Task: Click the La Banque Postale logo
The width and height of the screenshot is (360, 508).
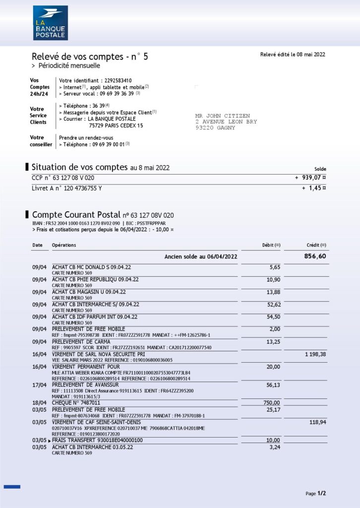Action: click(50, 23)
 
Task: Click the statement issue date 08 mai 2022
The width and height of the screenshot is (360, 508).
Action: click(308, 55)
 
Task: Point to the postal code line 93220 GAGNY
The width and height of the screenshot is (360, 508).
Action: click(215, 128)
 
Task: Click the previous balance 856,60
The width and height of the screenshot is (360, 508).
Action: click(315, 256)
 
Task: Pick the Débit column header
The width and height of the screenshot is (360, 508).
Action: click(271, 245)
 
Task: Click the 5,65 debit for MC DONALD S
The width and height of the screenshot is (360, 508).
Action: click(274, 267)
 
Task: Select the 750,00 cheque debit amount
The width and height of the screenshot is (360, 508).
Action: click(271, 403)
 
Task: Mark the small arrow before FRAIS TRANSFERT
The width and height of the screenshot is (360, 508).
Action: click(50, 441)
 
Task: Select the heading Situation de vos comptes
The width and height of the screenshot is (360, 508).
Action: click(79, 167)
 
